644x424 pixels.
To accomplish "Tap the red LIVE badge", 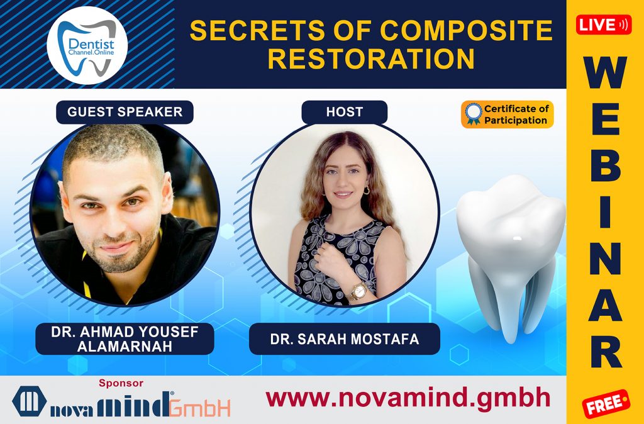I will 604,25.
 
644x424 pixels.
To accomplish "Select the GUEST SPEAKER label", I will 125,112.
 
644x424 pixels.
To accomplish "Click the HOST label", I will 344,112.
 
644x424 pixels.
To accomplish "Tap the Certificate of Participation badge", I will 507,114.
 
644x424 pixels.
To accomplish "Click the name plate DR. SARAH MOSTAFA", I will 344,340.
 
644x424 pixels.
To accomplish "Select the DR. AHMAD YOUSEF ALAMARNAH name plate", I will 125,340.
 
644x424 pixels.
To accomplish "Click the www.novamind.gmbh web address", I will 408,398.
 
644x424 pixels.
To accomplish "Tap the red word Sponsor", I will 121,382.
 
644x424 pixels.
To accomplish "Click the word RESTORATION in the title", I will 375,59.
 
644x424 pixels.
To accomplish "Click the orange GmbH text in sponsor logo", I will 200,407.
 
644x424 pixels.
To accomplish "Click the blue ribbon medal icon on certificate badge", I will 473,114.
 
